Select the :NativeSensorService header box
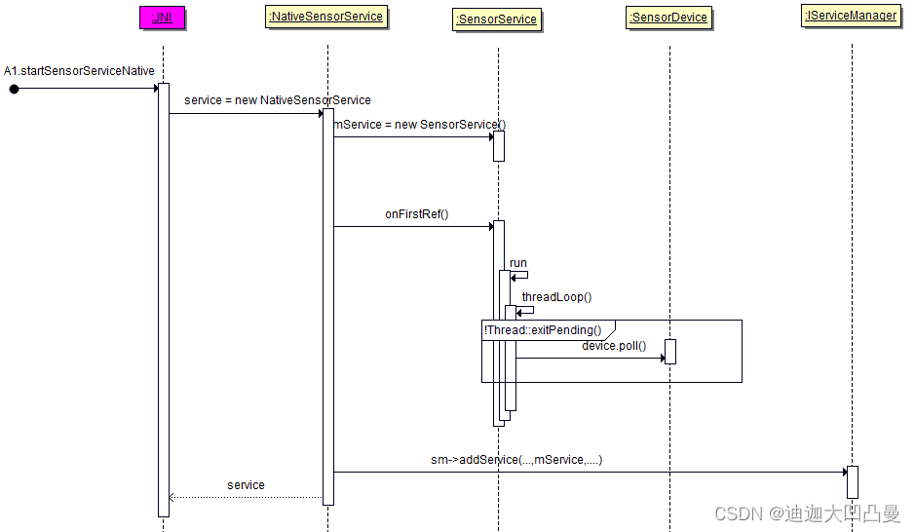tap(327, 16)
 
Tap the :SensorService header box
tap(497, 18)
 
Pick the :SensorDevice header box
tap(669, 18)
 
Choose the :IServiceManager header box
tap(851, 16)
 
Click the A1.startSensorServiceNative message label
tap(79, 71)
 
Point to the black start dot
tap(14, 89)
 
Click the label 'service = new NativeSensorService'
tap(277, 100)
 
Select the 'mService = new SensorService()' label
tap(420, 125)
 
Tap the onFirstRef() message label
tap(416, 214)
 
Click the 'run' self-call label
tap(517, 263)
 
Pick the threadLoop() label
tap(556, 297)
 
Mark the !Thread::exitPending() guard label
tap(543, 330)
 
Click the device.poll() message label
tap(614, 346)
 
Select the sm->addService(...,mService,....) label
tap(516, 460)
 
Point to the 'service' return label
tap(246, 484)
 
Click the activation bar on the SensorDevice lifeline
tap(669, 351)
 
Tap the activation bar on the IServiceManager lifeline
tap(852, 481)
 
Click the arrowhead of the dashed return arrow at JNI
tap(172, 497)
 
